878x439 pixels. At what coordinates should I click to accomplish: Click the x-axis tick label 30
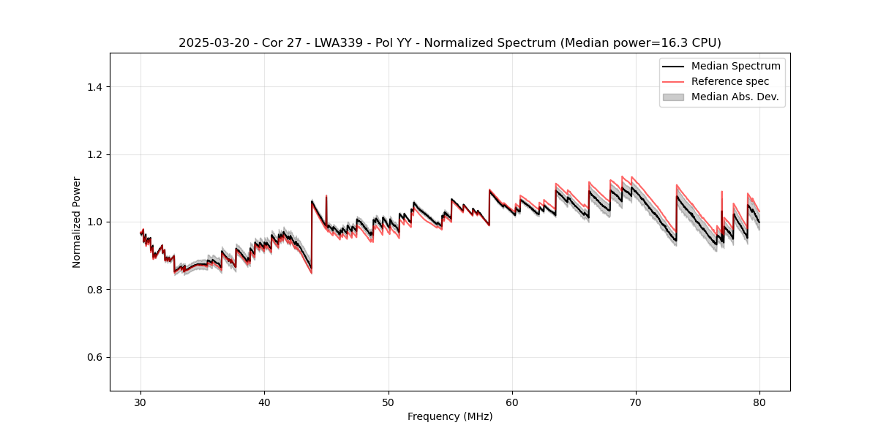tap(141, 402)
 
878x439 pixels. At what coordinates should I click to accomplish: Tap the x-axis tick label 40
tap(265, 402)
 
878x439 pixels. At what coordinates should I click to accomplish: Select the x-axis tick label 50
tap(389, 402)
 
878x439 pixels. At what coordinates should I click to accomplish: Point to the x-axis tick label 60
tap(512, 402)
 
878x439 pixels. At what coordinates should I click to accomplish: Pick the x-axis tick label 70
tap(636, 402)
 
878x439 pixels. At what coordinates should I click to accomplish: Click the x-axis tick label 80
tap(759, 402)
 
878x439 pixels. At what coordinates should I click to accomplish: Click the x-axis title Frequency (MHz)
tap(450, 416)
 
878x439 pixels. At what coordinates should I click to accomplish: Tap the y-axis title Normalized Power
tap(77, 222)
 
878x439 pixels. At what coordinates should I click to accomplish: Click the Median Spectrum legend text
tap(735, 67)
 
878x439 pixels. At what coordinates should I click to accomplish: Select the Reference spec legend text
tap(730, 81)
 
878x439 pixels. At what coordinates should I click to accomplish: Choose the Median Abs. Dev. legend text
tap(735, 97)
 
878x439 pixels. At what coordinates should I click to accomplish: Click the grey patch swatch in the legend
tap(673, 97)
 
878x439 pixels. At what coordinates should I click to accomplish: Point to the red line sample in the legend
tap(673, 81)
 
